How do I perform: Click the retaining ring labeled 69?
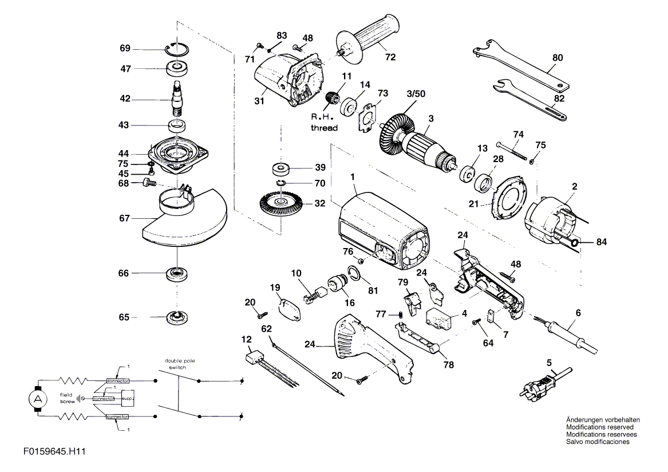(x=177, y=49)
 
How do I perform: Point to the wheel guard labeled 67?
(x=184, y=216)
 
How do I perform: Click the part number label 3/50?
(x=416, y=93)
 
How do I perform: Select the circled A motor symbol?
(x=38, y=399)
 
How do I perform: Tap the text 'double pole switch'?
(x=180, y=364)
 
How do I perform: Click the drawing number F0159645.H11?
(x=54, y=451)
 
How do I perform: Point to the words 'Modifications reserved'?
(x=599, y=427)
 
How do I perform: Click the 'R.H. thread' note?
(x=324, y=122)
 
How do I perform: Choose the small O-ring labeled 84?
(x=574, y=243)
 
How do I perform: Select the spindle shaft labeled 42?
(x=177, y=99)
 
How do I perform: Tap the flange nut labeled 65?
(x=177, y=317)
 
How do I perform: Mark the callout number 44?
(x=124, y=153)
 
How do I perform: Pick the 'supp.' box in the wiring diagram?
(x=128, y=398)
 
